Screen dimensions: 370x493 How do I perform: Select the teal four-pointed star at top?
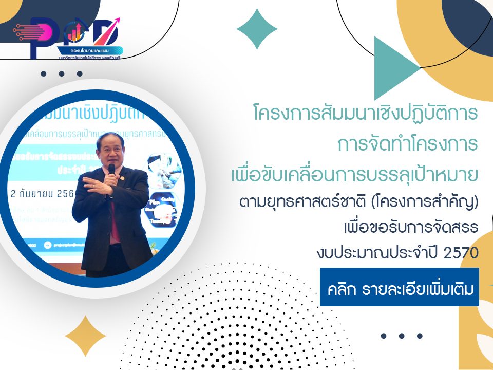point(257,29)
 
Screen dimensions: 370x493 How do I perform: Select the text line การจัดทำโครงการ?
point(408,144)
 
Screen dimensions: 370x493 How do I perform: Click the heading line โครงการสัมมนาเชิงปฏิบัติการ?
point(366,113)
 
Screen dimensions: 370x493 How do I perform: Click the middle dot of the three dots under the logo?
point(61,73)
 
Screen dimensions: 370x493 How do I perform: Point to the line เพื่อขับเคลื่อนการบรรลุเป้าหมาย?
point(354,175)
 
